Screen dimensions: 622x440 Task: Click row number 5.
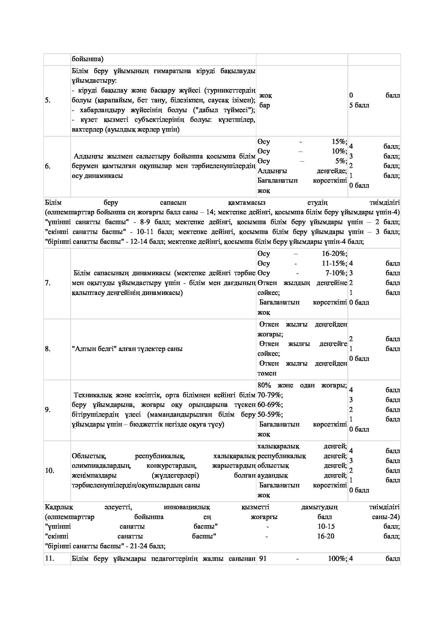coord(48,101)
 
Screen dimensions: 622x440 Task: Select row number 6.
coord(48,166)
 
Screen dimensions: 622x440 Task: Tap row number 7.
coord(48,283)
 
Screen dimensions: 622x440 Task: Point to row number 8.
coord(48,349)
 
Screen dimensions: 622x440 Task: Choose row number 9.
coord(48,410)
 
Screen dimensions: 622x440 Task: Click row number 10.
coord(49,471)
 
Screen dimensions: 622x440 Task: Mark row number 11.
coord(49,559)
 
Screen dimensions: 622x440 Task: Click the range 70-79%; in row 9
coord(270,395)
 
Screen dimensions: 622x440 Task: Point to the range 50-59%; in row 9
coord(270,415)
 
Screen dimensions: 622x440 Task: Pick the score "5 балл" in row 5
coord(359,105)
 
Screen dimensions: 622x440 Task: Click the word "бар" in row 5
coord(265,105)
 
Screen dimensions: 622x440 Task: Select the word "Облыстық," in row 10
coord(89,456)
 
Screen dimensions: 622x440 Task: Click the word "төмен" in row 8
coord(267,373)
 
